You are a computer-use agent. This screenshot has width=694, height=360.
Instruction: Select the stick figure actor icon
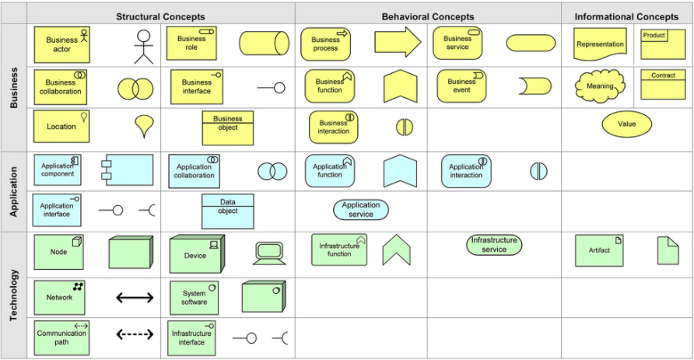[143, 47]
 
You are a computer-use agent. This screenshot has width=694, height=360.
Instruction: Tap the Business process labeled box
[326, 44]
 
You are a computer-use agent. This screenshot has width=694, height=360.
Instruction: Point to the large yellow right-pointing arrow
[397, 43]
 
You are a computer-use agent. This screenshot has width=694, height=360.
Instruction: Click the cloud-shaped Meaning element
[600, 86]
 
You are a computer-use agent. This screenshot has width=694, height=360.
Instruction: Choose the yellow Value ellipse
[626, 124]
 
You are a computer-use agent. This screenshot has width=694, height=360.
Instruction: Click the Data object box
[228, 211]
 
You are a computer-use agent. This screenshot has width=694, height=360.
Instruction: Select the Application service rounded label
[361, 209]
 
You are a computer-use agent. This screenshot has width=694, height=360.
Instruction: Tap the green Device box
[196, 254]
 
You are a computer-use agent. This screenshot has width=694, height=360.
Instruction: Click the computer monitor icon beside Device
[269, 253]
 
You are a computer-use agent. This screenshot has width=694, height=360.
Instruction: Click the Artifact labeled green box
[600, 250]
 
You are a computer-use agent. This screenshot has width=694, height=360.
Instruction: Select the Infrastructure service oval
[494, 245]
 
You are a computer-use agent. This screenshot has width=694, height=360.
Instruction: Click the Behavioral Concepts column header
[428, 16]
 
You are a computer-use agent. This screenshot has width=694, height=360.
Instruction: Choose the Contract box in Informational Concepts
[663, 85]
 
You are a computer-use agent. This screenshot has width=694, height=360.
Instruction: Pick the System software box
[195, 298]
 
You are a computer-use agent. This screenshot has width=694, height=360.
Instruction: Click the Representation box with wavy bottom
[601, 44]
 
